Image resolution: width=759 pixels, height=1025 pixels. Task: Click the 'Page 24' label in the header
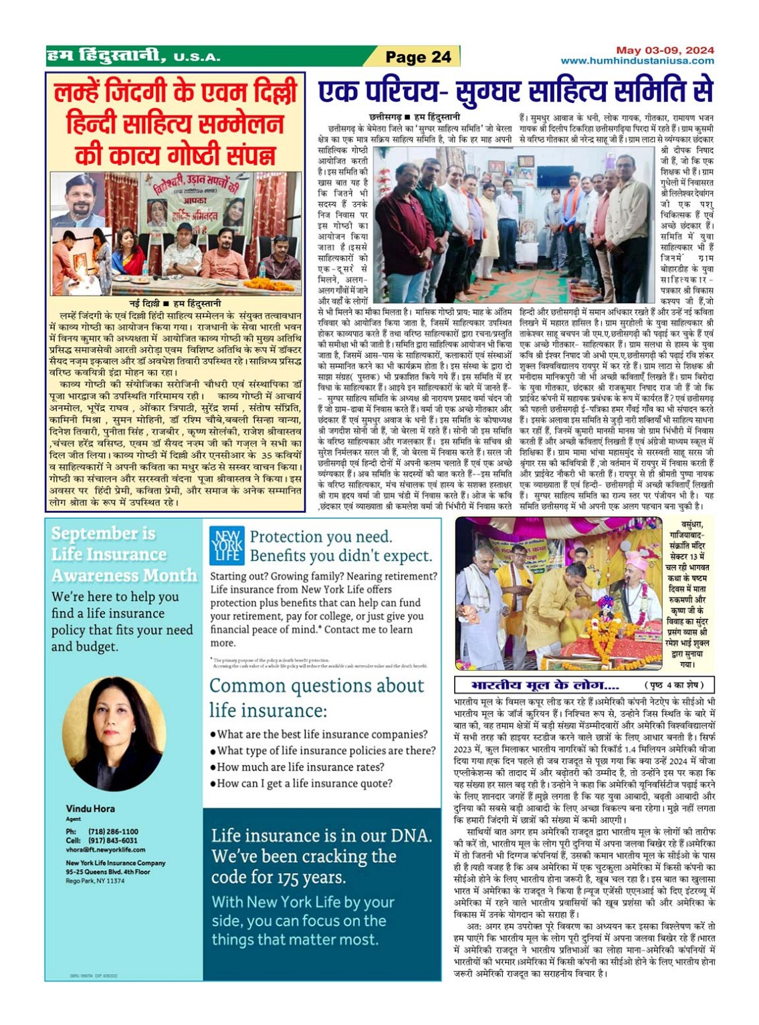pos(419,57)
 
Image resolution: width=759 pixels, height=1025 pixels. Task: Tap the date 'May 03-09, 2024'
pos(665,50)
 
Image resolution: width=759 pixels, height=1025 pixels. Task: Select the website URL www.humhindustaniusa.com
pos(637,60)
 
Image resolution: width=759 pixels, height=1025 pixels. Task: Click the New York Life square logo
pos(226,546)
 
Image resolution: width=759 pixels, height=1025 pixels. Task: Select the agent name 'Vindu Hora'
pos(90,808)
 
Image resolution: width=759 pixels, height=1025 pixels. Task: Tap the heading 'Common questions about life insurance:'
pos(316,697)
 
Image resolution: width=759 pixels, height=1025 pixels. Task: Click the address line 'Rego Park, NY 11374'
pos(95,881)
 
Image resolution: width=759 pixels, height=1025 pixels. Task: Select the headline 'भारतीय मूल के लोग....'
pos(545,685)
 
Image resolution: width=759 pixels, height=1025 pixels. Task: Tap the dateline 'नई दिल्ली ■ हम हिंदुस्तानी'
pos(175,304)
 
